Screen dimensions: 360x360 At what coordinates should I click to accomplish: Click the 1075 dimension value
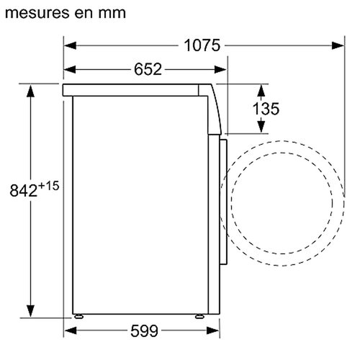pyautogui.click(x=202, y=45)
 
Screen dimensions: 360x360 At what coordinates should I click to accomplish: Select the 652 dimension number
pyautogui.click(x=147, y=70)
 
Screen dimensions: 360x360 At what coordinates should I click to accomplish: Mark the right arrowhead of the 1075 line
pyautogui.click(x=337, y=45)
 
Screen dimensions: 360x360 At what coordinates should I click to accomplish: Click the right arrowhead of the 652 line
pyautogui.click(x=220, y=70)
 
